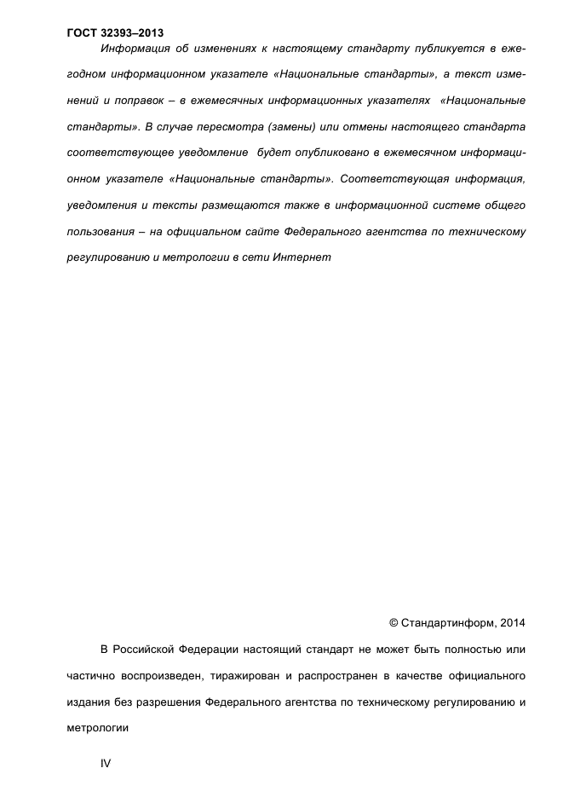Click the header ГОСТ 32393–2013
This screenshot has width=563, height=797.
[115, 34]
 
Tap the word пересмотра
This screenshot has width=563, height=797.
[243, 127]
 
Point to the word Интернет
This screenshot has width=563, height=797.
[302, 258]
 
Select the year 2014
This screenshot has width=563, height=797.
[511, 623]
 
